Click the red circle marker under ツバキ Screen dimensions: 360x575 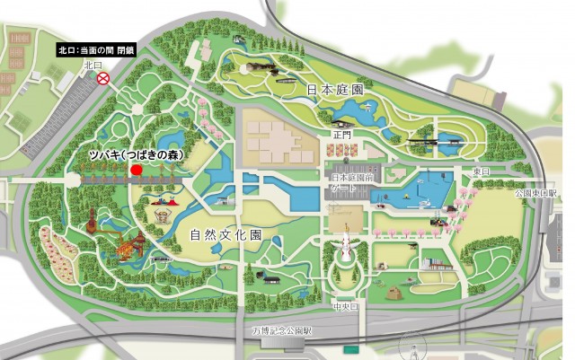coord(136,169)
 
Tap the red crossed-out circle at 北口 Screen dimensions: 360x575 coord(103,79)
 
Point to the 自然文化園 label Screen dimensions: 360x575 coord(225,236)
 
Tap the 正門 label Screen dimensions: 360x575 coord(339,135)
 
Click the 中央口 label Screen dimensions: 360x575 coord(344,303)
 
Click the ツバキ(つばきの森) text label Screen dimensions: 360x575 coord(136,154)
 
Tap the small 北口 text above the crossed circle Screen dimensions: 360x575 coord(94,65)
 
